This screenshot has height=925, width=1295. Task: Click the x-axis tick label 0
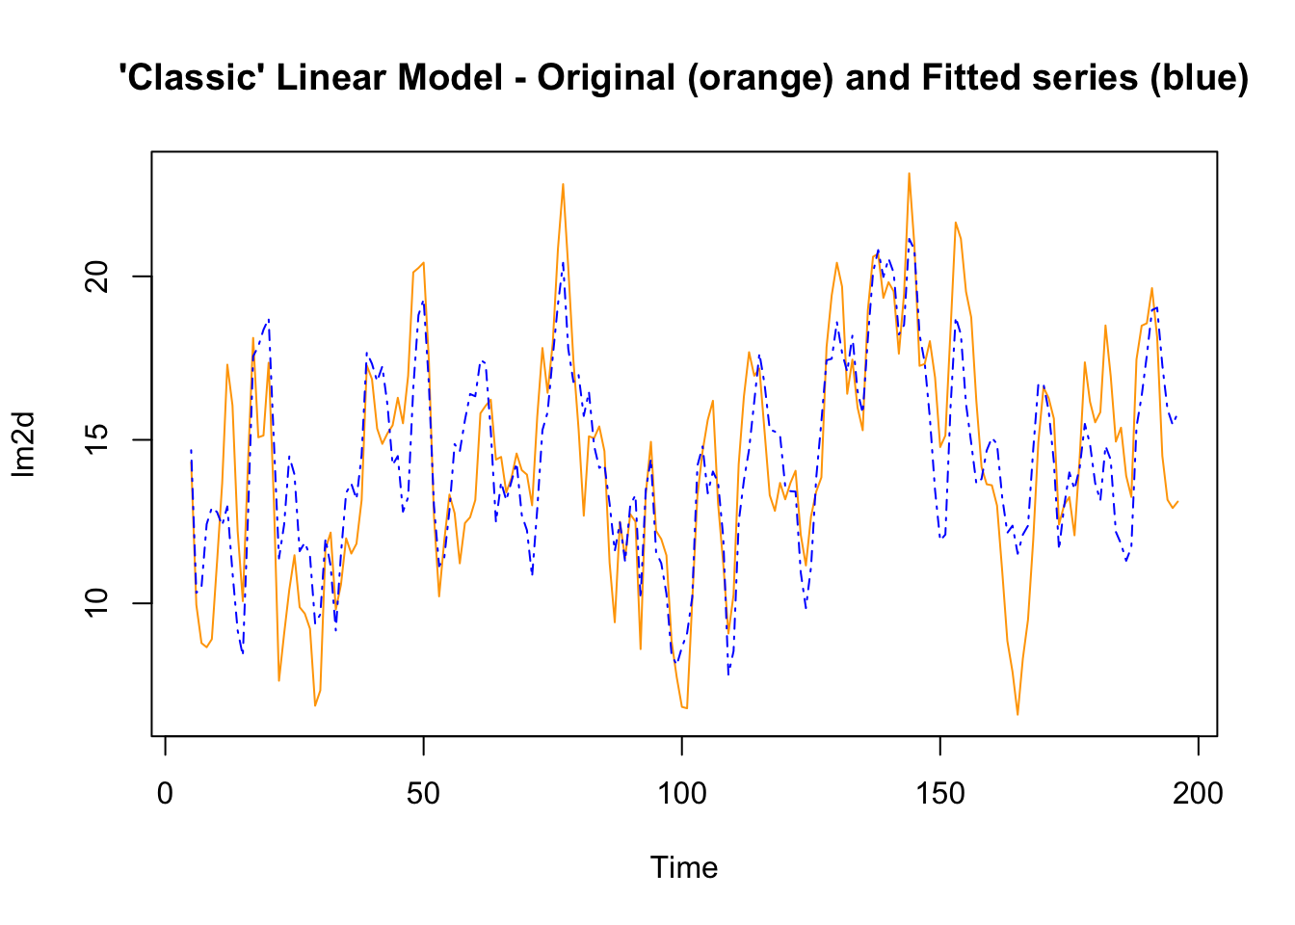tap(165, 794)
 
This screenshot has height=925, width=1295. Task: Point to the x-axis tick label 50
tap(423, 794)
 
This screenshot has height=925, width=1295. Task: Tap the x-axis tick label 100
tap(681, 794)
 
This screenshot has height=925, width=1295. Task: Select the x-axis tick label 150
tap(939, 794)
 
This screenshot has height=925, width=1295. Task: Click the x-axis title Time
tap(684, 867)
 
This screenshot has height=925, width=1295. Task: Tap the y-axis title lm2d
tap(23, 444)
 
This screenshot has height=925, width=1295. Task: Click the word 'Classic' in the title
tap(193, 77)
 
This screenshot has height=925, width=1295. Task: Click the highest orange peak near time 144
tap(909, 173)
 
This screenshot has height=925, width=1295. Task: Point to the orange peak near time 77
tap(563, 184)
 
